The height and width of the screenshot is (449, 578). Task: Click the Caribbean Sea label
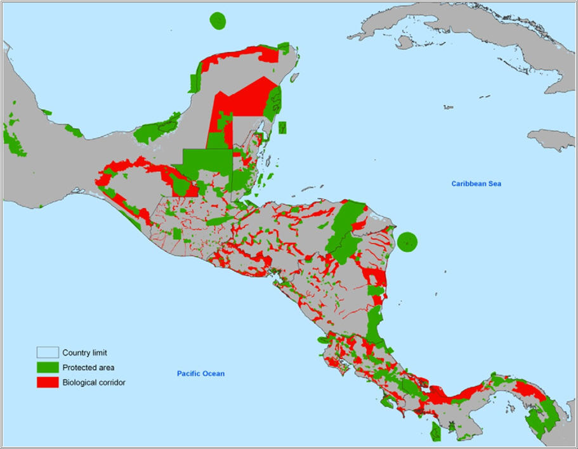pyautogui.click(x=476, y=184)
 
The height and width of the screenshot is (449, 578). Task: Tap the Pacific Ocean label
pyautogui.click(x=200, y=374)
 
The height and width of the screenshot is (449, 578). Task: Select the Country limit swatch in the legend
pyautogui.click(x=47, y=353)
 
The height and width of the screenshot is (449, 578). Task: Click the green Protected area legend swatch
pyautogui.click(x=47, y=368)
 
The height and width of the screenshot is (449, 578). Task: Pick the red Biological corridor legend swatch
pyautogui.click(x=47, y=382)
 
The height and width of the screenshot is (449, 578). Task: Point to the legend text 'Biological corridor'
pyautogui.click(x=94, y=382)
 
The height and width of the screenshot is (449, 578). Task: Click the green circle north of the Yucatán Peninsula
pyautogui.click(x=218, y=20)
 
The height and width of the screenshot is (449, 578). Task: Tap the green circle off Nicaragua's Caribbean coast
pyautogui.click(x=407, y=242)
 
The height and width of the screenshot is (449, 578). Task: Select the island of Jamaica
pyautogui.click(x=550, y=140)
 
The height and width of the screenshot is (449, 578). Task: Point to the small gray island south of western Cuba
pyautogui.click(x=404, y=42)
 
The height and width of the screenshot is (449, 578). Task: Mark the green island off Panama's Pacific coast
pyautogui.click(x=436, y=432)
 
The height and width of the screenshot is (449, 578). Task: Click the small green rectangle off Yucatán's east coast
pyautogui.click(x=282, y=127)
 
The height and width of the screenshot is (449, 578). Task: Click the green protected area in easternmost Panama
pyautogui.click(x=544, y=415)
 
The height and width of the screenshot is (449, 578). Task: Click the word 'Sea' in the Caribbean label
pyautogui.click(x=494, y=184)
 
